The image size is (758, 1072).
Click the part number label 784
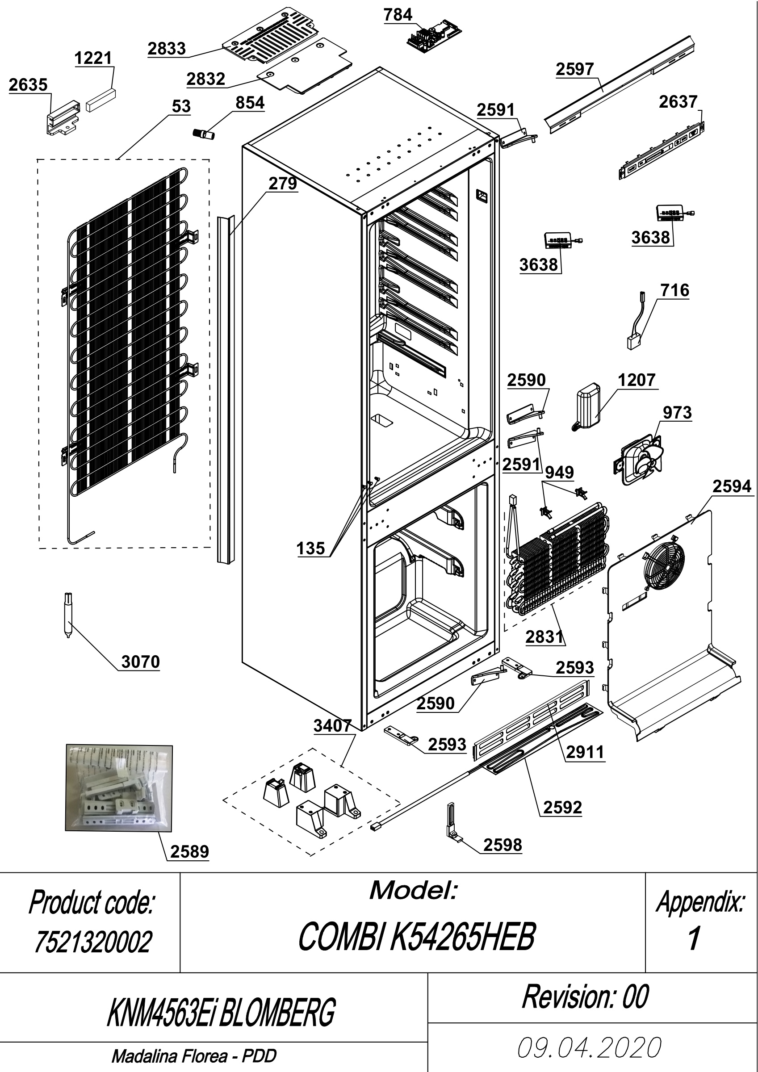pos(398,15)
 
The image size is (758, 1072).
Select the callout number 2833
pos(167,49)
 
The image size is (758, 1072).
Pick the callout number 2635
pos(28,84)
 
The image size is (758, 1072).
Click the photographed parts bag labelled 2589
pos(119,787)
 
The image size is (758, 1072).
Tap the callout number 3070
pos(141,662)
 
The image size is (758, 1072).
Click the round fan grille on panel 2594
pos(664,565)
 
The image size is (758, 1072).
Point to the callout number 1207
pos(637,380)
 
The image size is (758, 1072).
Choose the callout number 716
pos(675,290)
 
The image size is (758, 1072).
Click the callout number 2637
pos(678,102)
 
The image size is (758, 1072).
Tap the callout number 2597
pos(574,69)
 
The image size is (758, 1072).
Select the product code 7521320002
pos(93,942)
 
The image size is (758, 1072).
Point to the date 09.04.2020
pos(590,1047)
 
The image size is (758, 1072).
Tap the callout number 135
pos(310,548)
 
